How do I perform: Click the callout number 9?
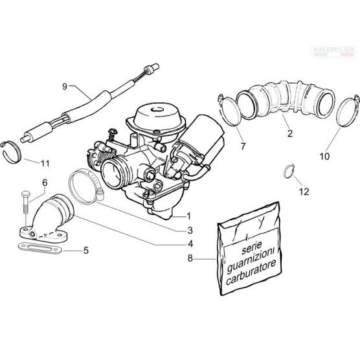coord(65,87)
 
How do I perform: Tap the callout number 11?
coord(45,163)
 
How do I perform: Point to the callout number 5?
coord(86,251)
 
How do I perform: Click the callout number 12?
coord(304,192)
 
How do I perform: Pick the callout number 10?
coord(324,157)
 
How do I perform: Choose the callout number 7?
coord(243,146)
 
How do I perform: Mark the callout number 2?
coord(290,133)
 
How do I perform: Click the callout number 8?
coord(190,258)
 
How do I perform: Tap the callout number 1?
coord(188,216)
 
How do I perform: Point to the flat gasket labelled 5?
coord(40,249)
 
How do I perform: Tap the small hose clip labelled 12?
coord(289,171)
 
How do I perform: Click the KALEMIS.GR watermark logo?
coord(335,51)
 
